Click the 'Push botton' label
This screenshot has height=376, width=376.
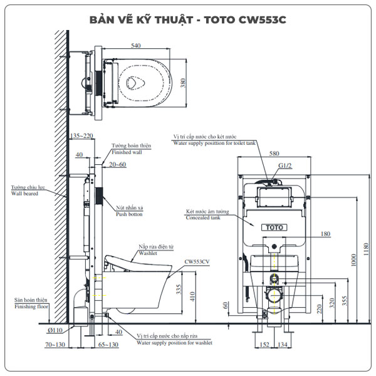[x=129, y=214]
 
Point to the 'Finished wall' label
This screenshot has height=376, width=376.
[x=127, y=152]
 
